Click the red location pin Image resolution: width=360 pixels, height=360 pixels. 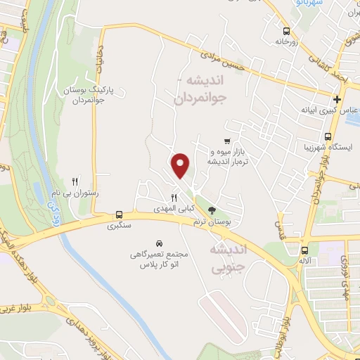coord(181,165)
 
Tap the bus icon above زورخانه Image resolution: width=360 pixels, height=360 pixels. coord(286,31)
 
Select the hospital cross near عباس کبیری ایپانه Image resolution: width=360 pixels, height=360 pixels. coord(338,99)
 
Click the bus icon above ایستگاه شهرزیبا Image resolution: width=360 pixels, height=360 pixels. coord(328,136)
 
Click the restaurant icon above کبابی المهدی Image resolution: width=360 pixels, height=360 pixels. coord(173,198)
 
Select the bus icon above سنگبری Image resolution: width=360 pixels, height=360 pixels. coord(119,214)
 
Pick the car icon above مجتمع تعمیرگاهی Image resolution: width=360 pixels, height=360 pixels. coord(160,240)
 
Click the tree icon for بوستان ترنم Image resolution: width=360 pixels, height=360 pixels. coord(212,210)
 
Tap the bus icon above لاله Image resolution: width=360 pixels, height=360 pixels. coord(304,250)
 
